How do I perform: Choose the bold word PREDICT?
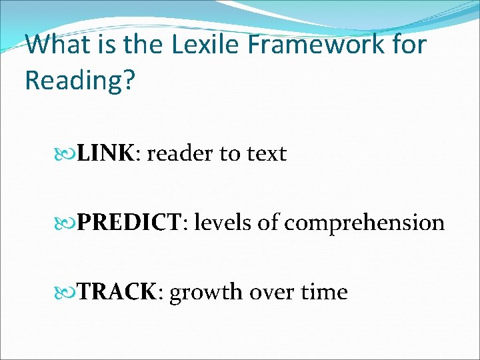(x=129, y=223)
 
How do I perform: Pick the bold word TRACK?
(x=117, y=292)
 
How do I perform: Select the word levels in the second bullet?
(x=223, y=223)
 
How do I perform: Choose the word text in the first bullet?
(x=267, y=154)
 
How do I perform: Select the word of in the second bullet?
(x=269, y=223)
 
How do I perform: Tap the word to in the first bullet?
(x=230, y=154)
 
